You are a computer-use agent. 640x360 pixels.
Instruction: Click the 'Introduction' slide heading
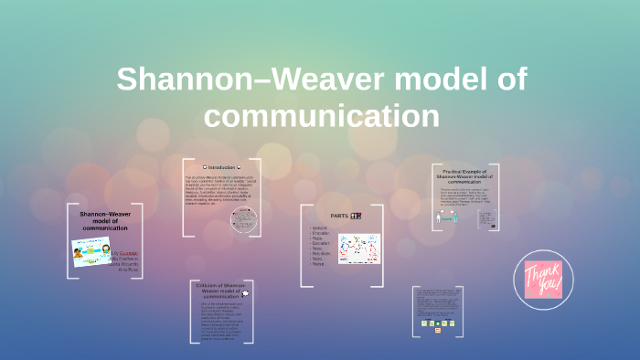tap(221, 167)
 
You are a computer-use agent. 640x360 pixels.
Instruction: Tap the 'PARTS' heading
tap(342, 216)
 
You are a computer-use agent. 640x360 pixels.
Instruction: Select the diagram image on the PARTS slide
tap(357, 249)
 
